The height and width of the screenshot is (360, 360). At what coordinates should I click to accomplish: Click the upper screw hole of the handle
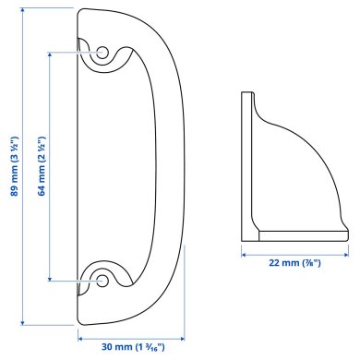[101, 51]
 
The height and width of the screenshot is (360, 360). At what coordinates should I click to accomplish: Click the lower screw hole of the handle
[101, 276]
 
